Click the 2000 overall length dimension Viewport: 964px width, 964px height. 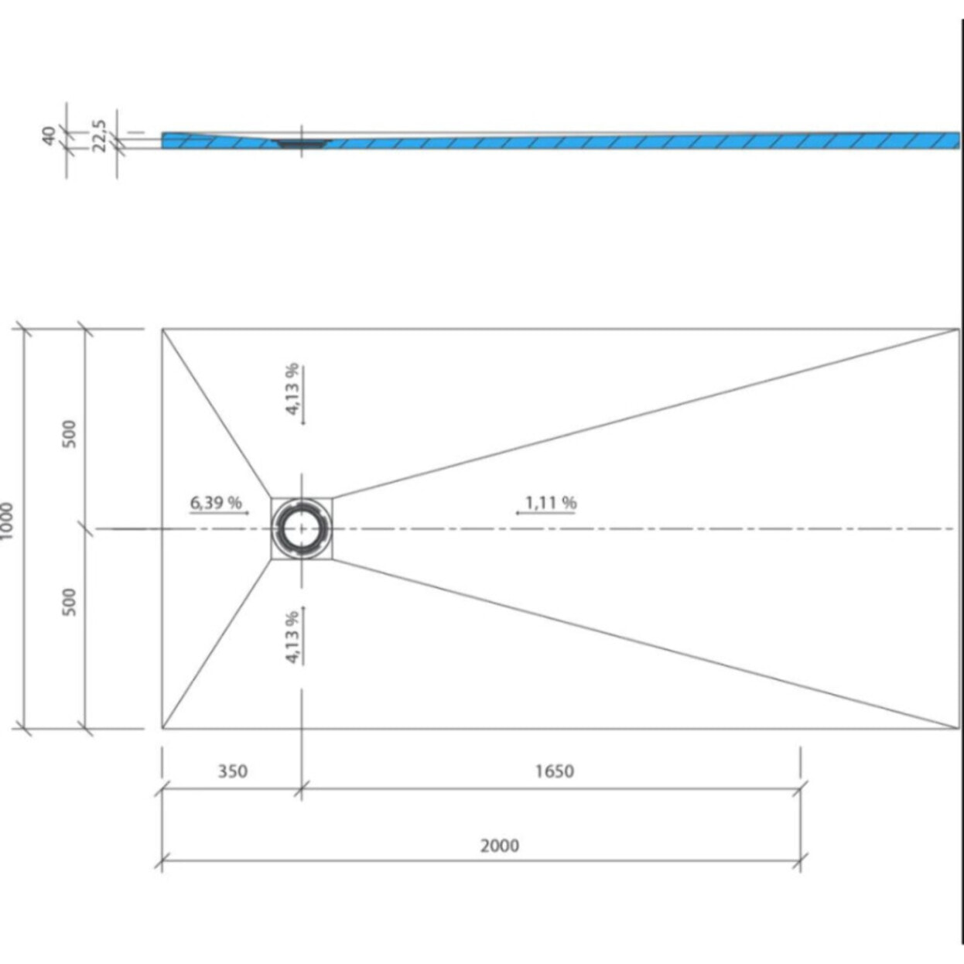coord(499,846)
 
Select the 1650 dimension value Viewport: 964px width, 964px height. coord(554,771)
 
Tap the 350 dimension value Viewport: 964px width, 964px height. coord(232,771)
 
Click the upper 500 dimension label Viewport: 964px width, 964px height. coord(70,433)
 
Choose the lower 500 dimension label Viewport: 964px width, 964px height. coord(70,602)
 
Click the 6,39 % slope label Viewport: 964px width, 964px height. coord(216,503)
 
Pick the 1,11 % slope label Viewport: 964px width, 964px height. coord(551,503)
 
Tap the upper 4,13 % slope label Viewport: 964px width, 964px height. coord(292,388)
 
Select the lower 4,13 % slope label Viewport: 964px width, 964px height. coord(292,638)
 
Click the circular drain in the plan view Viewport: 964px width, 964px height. coord(301,528)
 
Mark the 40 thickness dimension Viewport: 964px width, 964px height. coord(49,136)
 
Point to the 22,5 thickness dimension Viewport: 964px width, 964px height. coord(99,135)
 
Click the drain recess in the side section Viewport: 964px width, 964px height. coord(303,143)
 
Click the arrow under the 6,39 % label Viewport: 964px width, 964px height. coord(220,513)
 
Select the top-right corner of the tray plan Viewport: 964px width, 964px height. coord(959,330)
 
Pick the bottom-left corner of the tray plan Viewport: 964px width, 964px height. coord(162,728)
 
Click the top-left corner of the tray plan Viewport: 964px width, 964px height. coord(162,330)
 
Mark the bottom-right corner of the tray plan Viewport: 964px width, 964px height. coord(959,728)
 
